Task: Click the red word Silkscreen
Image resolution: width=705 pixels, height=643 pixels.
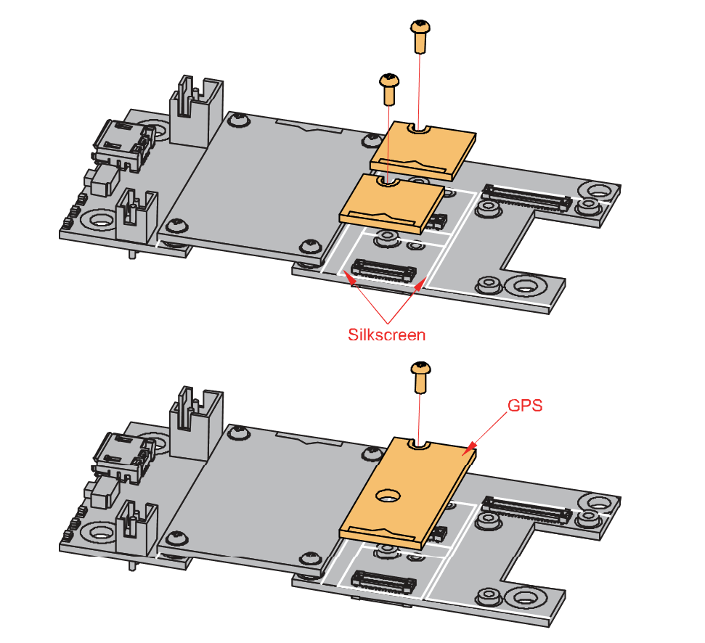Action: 386,335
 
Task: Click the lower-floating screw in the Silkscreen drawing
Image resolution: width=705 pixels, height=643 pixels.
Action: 390,87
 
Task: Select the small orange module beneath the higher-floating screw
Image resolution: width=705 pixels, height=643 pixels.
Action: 423,150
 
